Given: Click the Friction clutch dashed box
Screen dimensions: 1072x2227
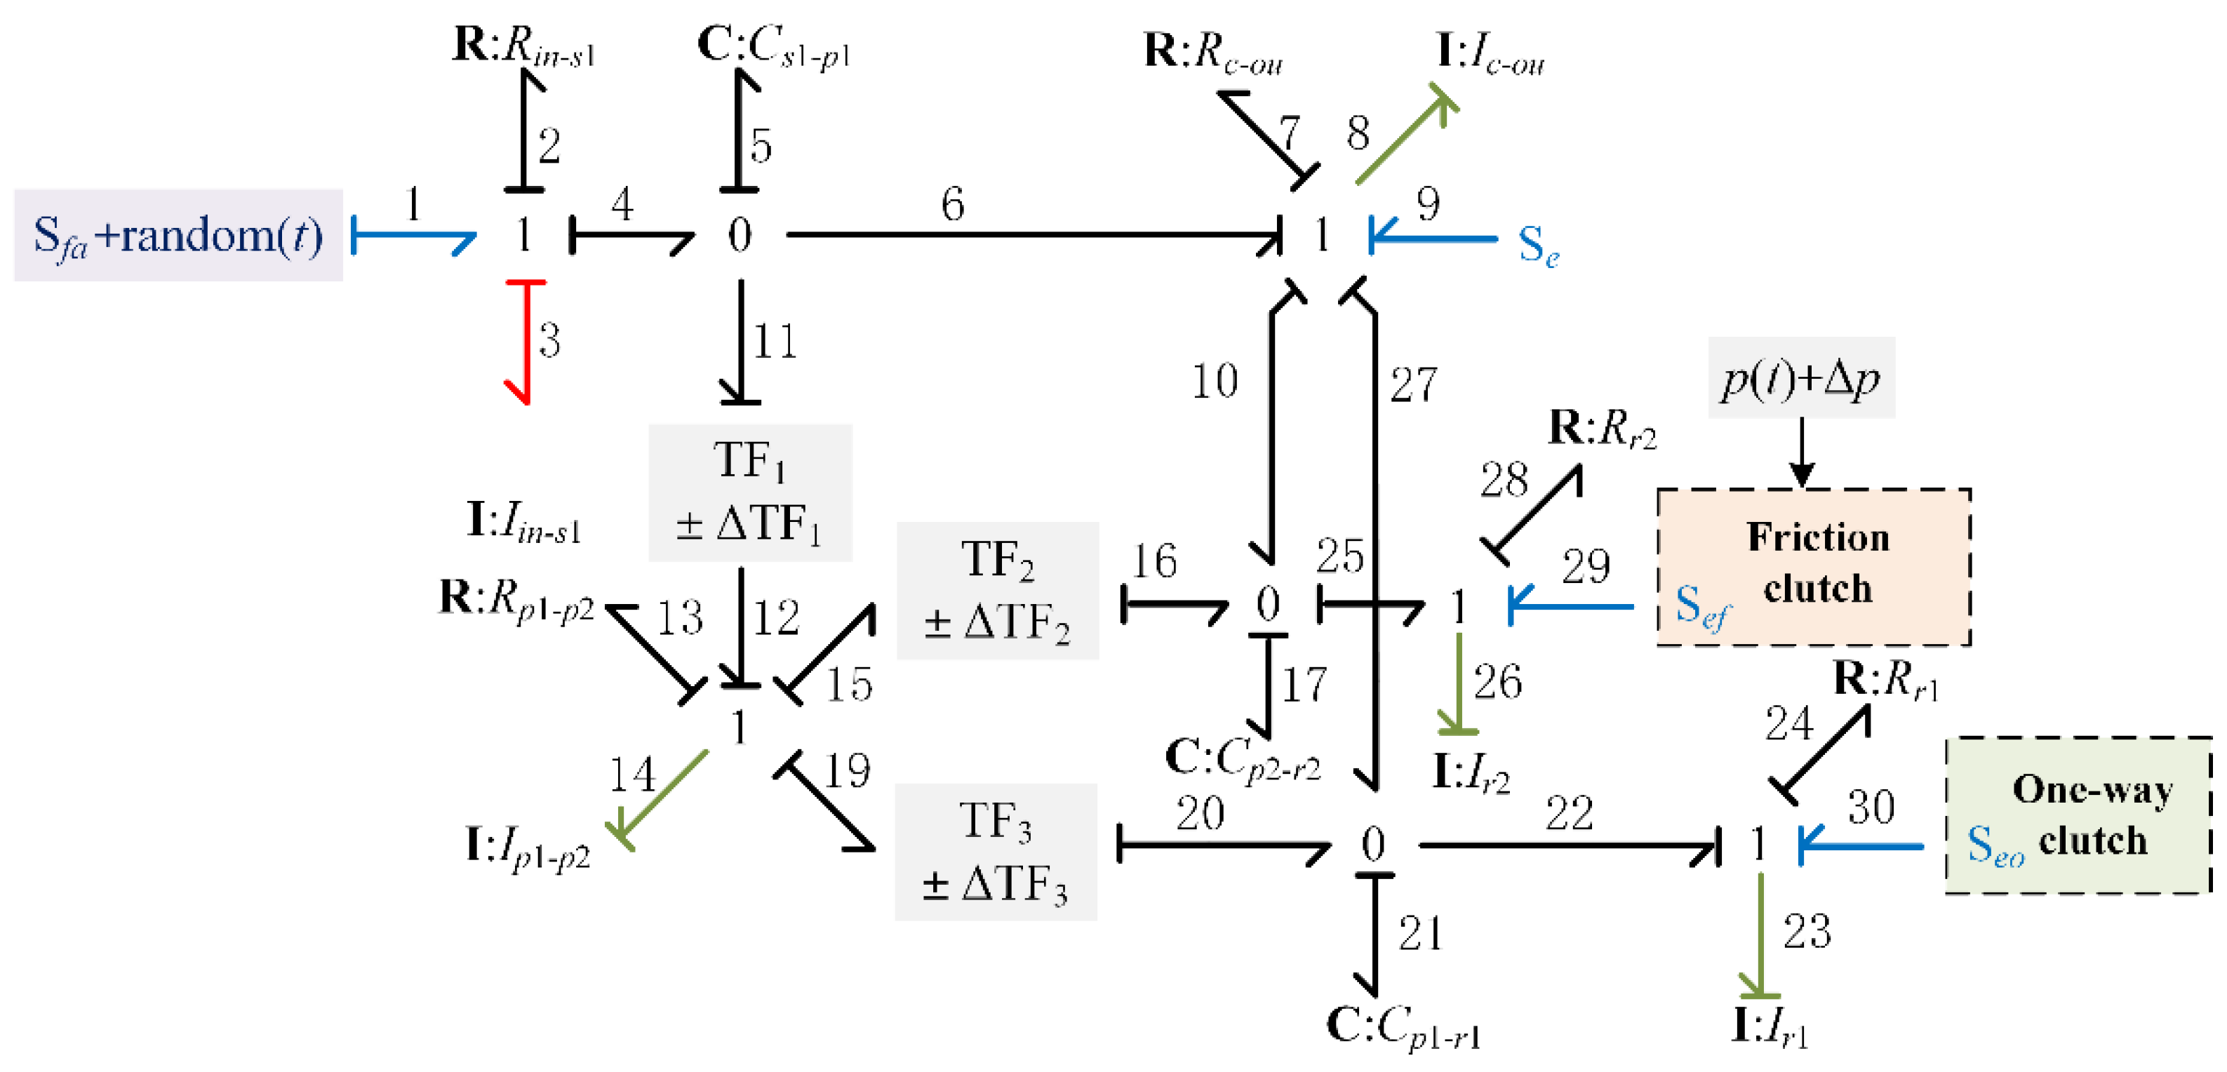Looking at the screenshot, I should (x=1813, y=566).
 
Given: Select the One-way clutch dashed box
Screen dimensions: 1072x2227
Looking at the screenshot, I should (x=2078, y=815).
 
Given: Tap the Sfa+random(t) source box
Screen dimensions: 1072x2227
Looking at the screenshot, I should (x=178, y=235).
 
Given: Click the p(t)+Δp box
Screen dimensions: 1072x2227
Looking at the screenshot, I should (x=1801, y=377).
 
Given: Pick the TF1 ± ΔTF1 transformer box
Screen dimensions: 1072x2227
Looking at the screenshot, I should (x=749, y=492).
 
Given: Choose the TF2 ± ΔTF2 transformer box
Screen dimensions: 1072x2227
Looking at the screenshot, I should (x=997, y=591).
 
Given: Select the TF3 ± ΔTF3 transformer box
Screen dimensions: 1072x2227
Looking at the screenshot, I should (x=995, y=852).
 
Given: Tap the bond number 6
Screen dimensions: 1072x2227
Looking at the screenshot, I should (x=952, y=205).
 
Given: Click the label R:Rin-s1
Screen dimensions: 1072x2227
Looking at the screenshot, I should (x=523, y=45).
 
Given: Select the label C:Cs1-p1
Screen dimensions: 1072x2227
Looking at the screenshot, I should (x=773, y=45).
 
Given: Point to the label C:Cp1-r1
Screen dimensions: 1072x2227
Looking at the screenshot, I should (x=1403, y=1027).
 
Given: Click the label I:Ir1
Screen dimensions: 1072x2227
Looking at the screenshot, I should (x=1769, y=1027).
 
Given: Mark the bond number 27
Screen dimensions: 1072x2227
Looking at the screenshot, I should (x=1412, y=384).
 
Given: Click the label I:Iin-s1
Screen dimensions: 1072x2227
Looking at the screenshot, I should (x=523, y=522).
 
